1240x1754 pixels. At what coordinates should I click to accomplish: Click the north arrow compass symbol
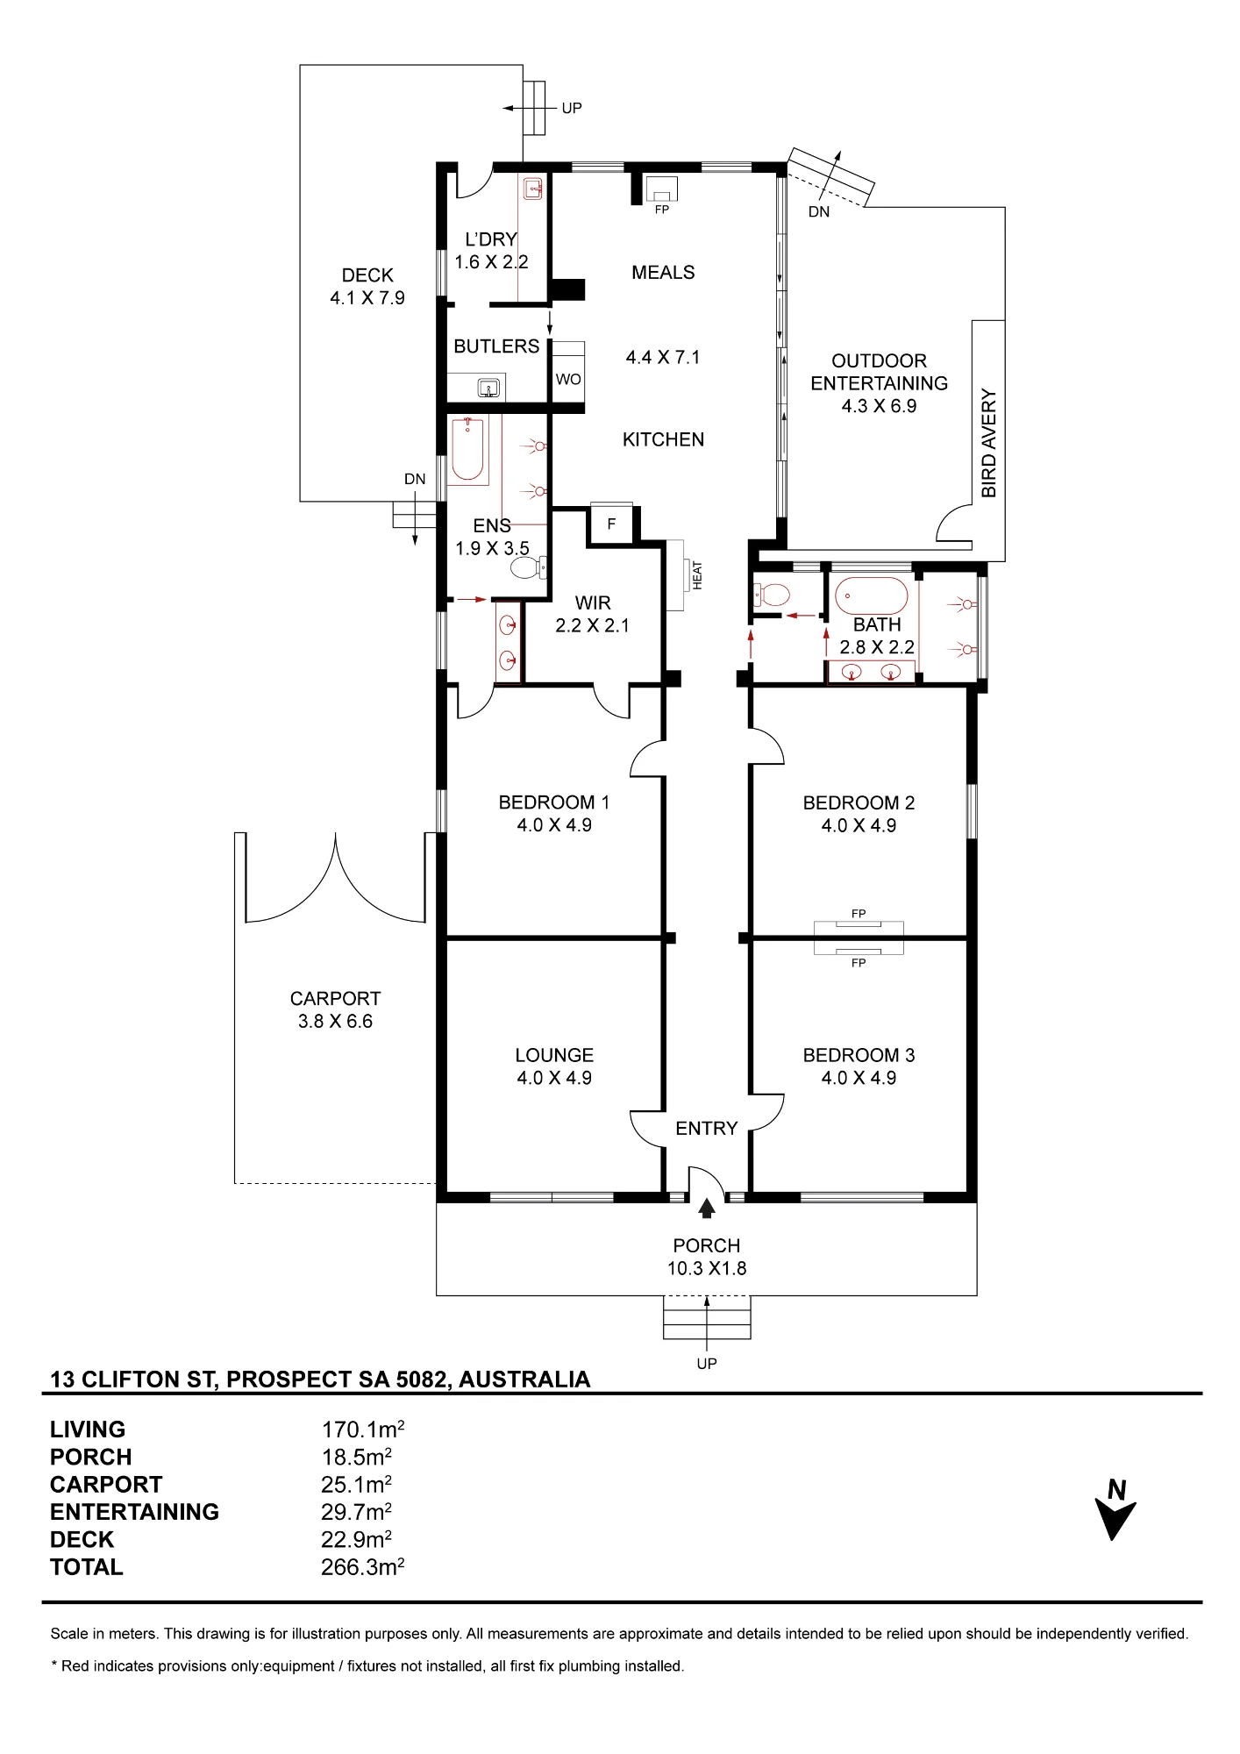[x=1115, y=1510]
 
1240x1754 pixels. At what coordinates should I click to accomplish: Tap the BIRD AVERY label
[x=989, y=443]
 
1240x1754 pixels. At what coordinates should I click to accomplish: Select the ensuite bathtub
[x=468, y=451]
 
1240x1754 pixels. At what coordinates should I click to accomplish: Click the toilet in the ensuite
[x=529, y=568]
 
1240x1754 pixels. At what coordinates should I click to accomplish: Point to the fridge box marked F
[x=611, y=524]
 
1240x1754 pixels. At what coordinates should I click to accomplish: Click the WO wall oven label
[x=568, y=380]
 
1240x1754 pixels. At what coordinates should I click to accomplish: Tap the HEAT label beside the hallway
[x=698, y=575]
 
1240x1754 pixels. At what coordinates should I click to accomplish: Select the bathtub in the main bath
[x=872, y=596]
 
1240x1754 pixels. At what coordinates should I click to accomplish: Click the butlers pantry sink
[x=488, y=387]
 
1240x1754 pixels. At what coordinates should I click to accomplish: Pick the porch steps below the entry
[x=707, y=1317]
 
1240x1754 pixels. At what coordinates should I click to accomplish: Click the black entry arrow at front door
[x=707, y=1209]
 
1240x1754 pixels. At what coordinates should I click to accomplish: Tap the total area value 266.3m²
[x=362, y=1567]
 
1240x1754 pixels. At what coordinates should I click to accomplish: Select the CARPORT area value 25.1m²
[x=356, y=1485]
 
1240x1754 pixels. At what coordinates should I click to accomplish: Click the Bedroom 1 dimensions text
[x=554, y=825]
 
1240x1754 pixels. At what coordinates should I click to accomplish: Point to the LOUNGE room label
[x=554, y=1055]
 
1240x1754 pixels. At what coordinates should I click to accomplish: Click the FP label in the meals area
[x=662, y=210]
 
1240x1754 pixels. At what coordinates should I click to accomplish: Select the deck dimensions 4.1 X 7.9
[x=367, y=298]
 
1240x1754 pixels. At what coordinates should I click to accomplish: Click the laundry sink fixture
[x=533, y=189]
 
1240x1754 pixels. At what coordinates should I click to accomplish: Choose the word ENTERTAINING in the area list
[x=134, y=1512]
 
